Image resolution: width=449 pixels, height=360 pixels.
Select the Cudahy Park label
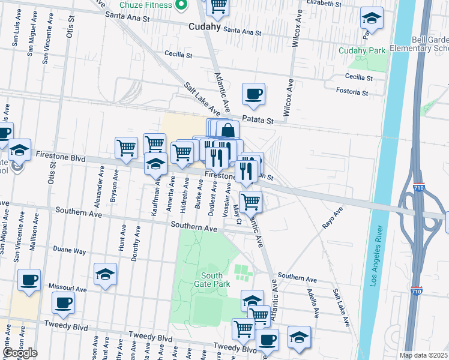click(362, 51)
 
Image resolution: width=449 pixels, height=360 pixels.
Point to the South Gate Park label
click(212, 280)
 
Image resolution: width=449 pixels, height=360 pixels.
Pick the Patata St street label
click(258, 121)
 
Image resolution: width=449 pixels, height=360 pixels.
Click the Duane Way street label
click(70, 252)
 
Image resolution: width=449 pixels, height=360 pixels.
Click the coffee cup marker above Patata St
click(253, 94)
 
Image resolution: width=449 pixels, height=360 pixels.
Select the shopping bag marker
click(228, 131)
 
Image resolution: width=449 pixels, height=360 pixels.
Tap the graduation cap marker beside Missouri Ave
click(106, 275)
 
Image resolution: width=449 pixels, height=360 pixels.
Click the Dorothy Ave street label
click(136, 248)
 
